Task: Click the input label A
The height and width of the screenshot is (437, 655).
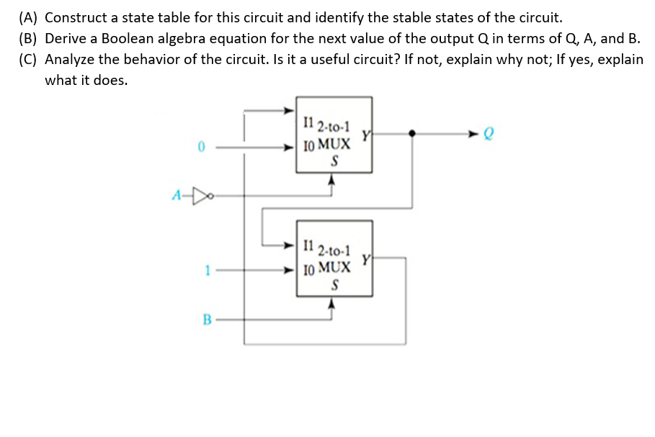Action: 177,195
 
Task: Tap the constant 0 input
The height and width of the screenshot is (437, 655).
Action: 203,148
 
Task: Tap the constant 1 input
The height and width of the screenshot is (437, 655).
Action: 207,271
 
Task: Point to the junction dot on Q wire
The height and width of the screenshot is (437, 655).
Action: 411,133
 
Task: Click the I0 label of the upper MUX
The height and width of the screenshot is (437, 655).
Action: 308,145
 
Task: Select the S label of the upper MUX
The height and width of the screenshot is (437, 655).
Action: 334,161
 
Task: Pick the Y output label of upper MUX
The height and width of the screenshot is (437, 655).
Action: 365,133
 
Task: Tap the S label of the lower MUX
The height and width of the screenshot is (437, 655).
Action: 334,285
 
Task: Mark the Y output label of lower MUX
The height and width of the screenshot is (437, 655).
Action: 365,257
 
